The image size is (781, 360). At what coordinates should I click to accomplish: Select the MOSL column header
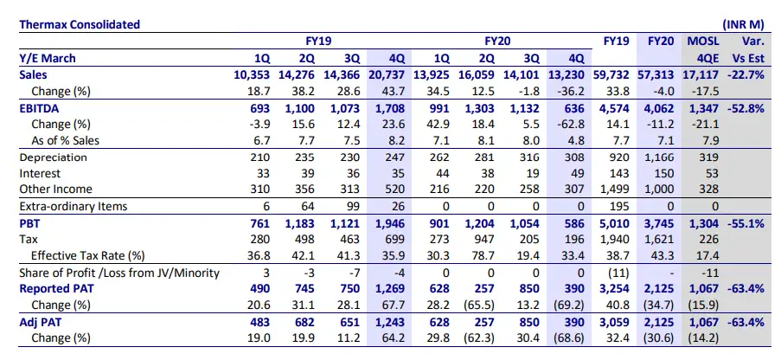703,41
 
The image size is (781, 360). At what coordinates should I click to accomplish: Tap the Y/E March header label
48,58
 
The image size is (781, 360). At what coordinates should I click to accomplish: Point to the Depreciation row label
54,157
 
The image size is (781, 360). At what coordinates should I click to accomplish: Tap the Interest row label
40,173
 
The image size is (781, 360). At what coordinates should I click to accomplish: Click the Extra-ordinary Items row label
73,206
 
